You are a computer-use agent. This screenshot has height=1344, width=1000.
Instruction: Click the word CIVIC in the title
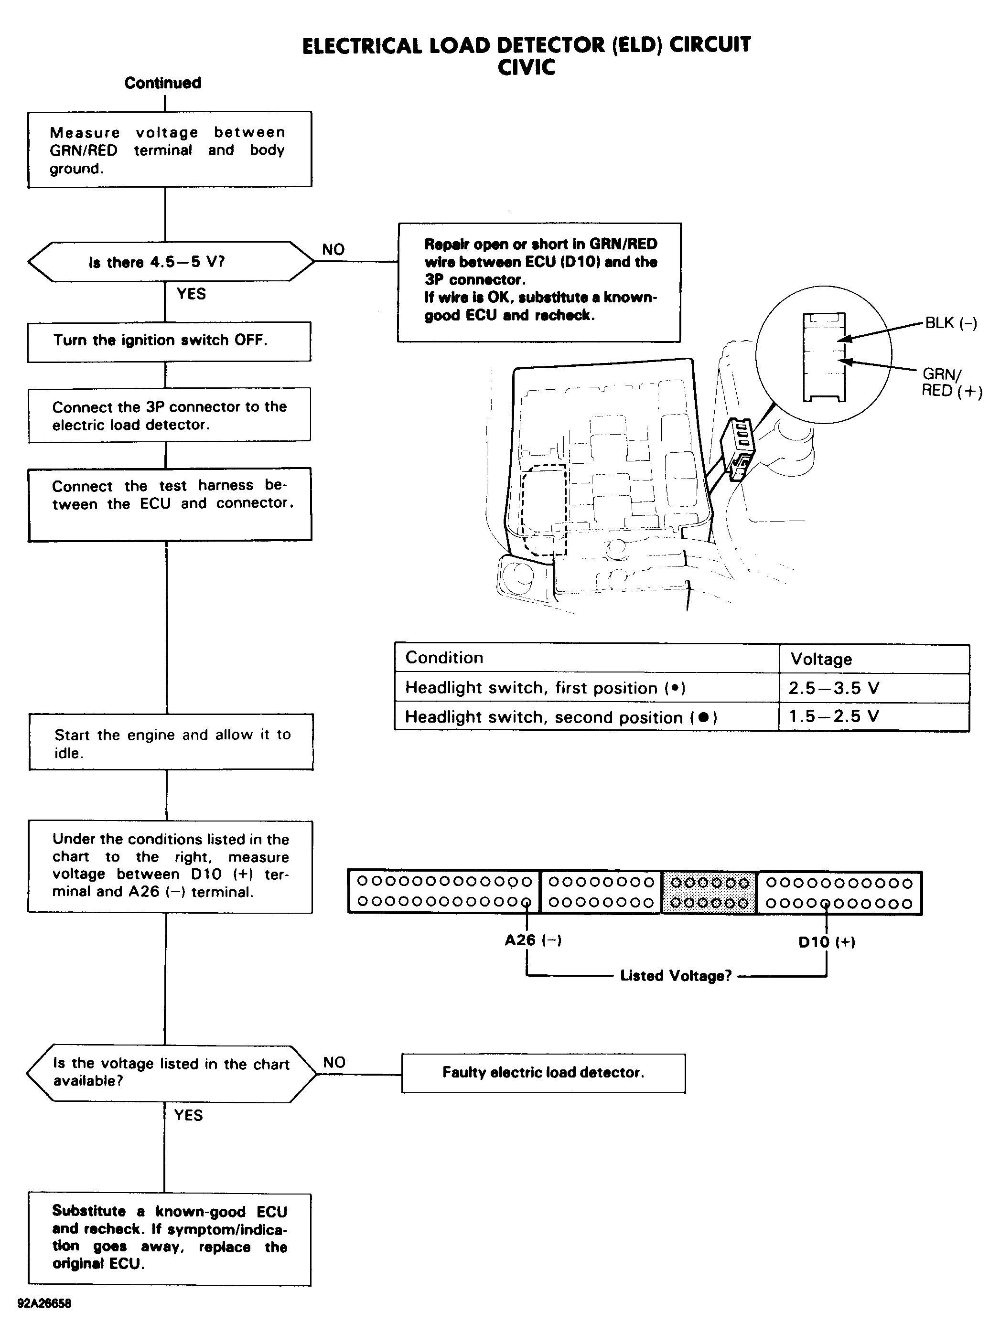click(526, 67)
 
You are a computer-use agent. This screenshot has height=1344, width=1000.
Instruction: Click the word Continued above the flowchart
click(163, 83)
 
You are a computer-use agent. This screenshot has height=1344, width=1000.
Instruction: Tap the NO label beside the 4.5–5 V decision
click(333, 249)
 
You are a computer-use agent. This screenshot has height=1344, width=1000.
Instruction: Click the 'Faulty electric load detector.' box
click(543, 1073)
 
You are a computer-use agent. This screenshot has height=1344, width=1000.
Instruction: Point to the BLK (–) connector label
click(950, 323)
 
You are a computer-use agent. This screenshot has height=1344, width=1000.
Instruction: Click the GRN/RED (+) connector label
click(950, 383)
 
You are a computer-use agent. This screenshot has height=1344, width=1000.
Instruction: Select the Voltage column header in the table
click(821, 659)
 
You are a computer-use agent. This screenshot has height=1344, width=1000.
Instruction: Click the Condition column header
click(444, 658)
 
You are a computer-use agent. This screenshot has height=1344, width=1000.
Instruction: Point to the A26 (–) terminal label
click(533, 940)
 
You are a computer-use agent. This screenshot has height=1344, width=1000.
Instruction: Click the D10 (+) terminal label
click(826, 942)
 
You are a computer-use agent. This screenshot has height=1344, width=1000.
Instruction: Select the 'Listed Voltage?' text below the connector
click(676, 975)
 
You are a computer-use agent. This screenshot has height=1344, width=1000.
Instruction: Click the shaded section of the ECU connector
click(710, 893)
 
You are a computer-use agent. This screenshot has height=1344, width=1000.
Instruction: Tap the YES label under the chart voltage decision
click(188, 1115)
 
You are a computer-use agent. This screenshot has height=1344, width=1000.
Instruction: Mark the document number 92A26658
click(44, 1303)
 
